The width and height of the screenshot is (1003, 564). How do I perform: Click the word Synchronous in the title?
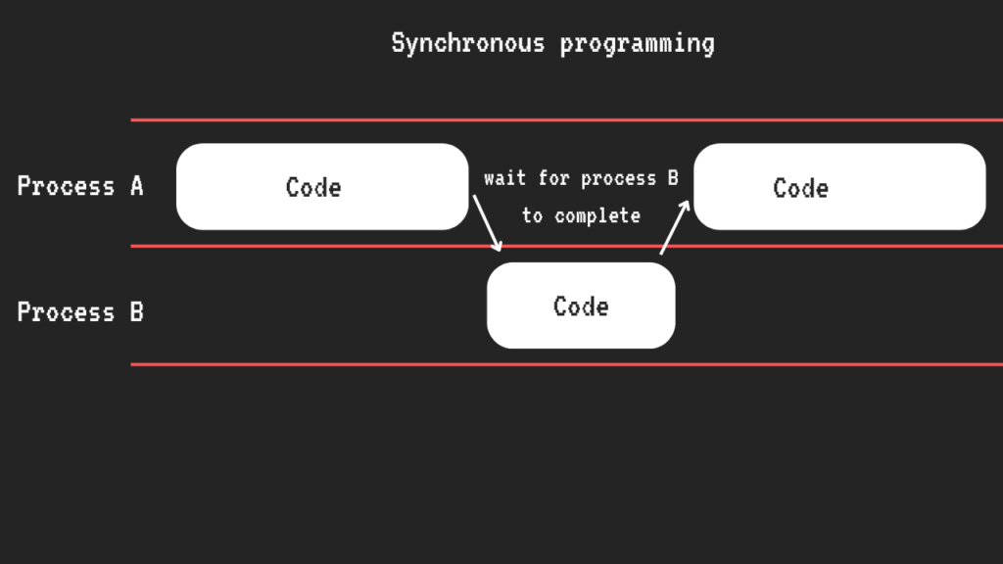point(467,44)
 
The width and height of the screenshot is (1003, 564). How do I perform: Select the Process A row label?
point(80,186)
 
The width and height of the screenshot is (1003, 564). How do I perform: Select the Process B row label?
point(80,312)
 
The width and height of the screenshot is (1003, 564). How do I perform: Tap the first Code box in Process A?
point(322,187)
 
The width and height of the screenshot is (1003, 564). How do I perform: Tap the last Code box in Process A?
point(839,187)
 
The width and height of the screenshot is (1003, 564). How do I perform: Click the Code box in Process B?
point(581,305)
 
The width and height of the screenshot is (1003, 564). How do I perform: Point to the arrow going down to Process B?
point(487,223)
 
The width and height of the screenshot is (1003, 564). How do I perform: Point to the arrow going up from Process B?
point(675,227)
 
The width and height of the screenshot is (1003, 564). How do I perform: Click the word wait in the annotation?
point(504,178)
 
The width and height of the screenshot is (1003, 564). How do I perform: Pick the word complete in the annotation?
point(597,216)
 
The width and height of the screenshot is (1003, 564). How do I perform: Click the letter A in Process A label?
point(137,186)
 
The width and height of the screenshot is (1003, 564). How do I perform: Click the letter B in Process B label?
point(137,312)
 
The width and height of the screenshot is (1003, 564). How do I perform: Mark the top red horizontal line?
point(567,119)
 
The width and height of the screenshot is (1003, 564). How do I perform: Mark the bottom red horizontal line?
point(567,364)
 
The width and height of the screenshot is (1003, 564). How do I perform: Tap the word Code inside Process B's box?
point(581,306)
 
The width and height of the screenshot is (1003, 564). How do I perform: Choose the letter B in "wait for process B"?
point(673,178)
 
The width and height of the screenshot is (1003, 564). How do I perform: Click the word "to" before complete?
point(532,216)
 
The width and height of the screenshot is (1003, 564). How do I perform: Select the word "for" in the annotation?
point(553,178)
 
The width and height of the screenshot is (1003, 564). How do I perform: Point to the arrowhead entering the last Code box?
point(685,206)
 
